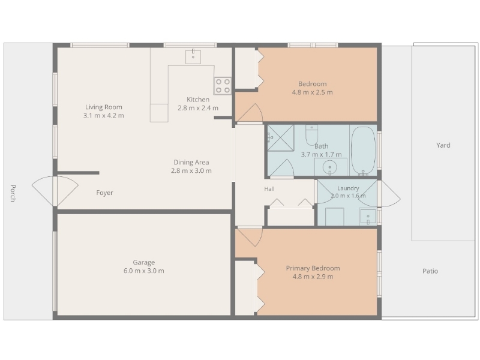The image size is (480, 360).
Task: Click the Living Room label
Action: coord(103,107)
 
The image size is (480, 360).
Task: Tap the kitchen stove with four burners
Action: coord(223,86)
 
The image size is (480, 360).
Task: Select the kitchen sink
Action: coord(193,56)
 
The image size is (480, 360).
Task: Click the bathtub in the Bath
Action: coord(363,151)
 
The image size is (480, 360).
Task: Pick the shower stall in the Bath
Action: coord(281,138)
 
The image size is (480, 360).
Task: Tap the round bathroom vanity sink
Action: coord(330,167)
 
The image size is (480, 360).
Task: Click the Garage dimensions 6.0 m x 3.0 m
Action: coord(144,271)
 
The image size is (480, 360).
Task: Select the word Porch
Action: coord(13,193)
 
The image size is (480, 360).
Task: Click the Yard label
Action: coord(443,145)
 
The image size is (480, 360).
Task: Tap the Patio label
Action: coord(430,271)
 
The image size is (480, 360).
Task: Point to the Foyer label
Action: coord(104,193)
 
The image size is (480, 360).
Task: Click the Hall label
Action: coord(269,189)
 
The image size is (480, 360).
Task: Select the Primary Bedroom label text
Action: coord(313,268)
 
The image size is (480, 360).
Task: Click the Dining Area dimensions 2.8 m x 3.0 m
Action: coord(191,171)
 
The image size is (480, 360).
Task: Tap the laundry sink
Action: coord(368,217)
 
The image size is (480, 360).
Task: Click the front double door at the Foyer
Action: coord(55,191)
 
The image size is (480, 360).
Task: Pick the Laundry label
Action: coord(348,188)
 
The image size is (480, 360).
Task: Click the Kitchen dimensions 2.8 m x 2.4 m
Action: coord(198,108)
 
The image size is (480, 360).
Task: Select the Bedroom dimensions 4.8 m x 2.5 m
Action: coord(312,92)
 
